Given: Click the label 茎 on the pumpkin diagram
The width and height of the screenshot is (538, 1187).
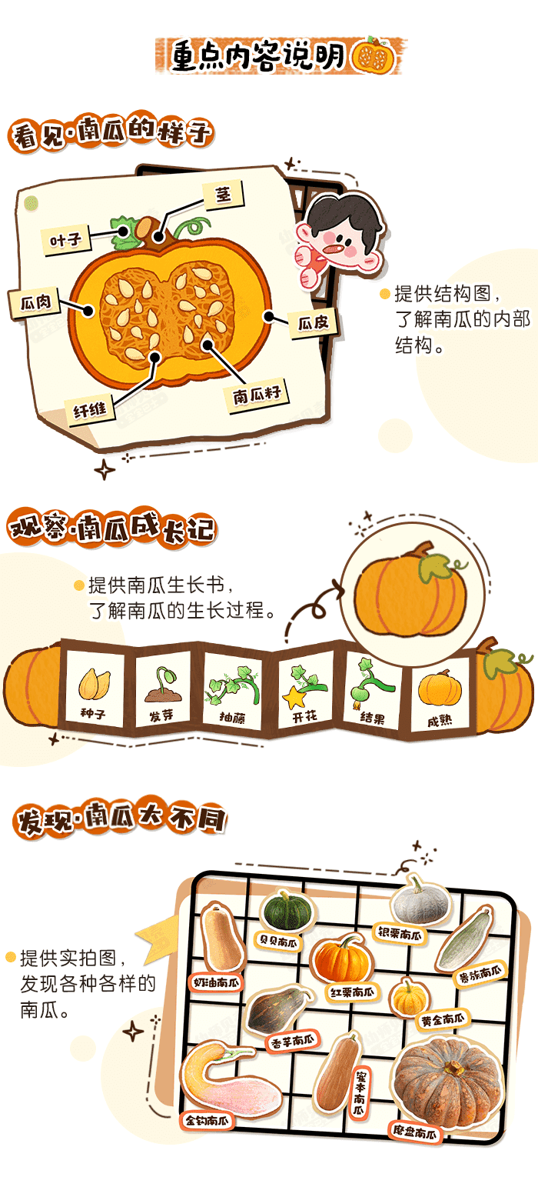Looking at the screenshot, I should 224,196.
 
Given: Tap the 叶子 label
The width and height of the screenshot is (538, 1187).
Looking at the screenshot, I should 66,241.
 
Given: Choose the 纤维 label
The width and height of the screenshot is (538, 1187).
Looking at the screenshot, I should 90,411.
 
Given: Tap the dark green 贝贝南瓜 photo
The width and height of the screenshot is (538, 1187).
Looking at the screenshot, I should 283,910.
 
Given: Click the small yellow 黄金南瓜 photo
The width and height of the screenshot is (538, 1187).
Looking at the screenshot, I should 409,996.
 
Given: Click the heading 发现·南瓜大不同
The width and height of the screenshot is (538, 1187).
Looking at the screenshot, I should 121,820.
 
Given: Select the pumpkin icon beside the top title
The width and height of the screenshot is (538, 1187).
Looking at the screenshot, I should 374,55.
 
